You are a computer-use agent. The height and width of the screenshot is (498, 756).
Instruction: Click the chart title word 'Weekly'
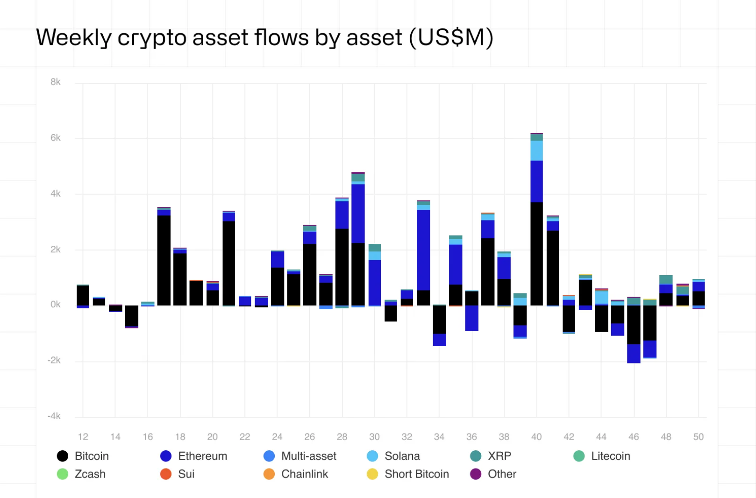point(73,38)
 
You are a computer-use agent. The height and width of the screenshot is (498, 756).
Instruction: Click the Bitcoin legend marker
point(62,456)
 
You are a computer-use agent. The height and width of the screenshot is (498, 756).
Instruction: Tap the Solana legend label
point(402,456)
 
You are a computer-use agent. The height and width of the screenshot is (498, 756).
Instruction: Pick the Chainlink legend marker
point(269,474)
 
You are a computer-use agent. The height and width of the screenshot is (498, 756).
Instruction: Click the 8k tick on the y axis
point(55,82)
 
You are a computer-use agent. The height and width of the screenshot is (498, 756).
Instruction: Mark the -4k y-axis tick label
point(54,416)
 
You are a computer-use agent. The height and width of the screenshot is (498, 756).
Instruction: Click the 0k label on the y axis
point(55,305)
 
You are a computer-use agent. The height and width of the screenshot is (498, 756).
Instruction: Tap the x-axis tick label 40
point(536,437)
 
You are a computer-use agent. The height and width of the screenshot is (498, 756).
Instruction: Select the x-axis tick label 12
point(83,437)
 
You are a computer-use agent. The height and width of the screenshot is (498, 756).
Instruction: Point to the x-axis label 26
point(309,437)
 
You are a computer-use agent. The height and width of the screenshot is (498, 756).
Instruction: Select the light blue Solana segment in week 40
point(536,150)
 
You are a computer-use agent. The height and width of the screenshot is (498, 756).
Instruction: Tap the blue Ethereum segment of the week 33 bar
point(423,250)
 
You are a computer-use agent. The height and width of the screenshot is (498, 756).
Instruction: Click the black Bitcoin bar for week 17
point(164,261)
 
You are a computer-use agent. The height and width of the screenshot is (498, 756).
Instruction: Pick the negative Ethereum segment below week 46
point(634,354)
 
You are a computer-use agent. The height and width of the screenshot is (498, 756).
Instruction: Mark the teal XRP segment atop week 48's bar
point(666,280)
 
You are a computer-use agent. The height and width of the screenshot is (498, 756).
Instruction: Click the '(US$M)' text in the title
point(451,38)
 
